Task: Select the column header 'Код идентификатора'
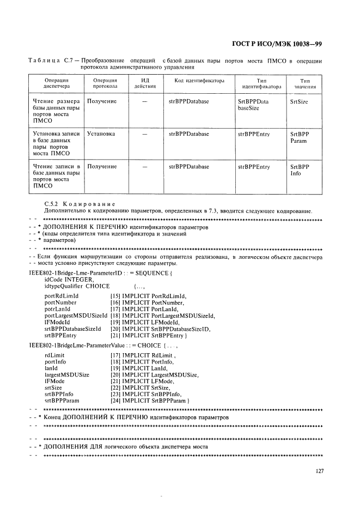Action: pos(199,81)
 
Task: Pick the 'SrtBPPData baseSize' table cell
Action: pos(253,105)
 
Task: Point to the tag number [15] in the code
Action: pos(115,296)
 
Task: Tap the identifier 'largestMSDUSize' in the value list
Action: pos(67,374)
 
